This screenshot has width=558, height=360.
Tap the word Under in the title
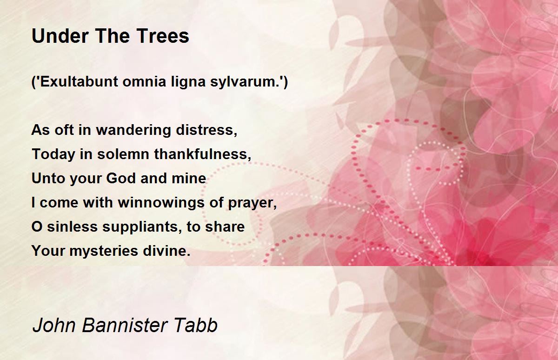[x=60, y=36]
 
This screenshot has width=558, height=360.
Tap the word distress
[x=205, y=130]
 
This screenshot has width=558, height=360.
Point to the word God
[x=121, y=178]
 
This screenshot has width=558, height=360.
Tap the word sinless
[x=72, y=226]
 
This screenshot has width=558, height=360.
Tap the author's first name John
[x=54, y=325]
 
